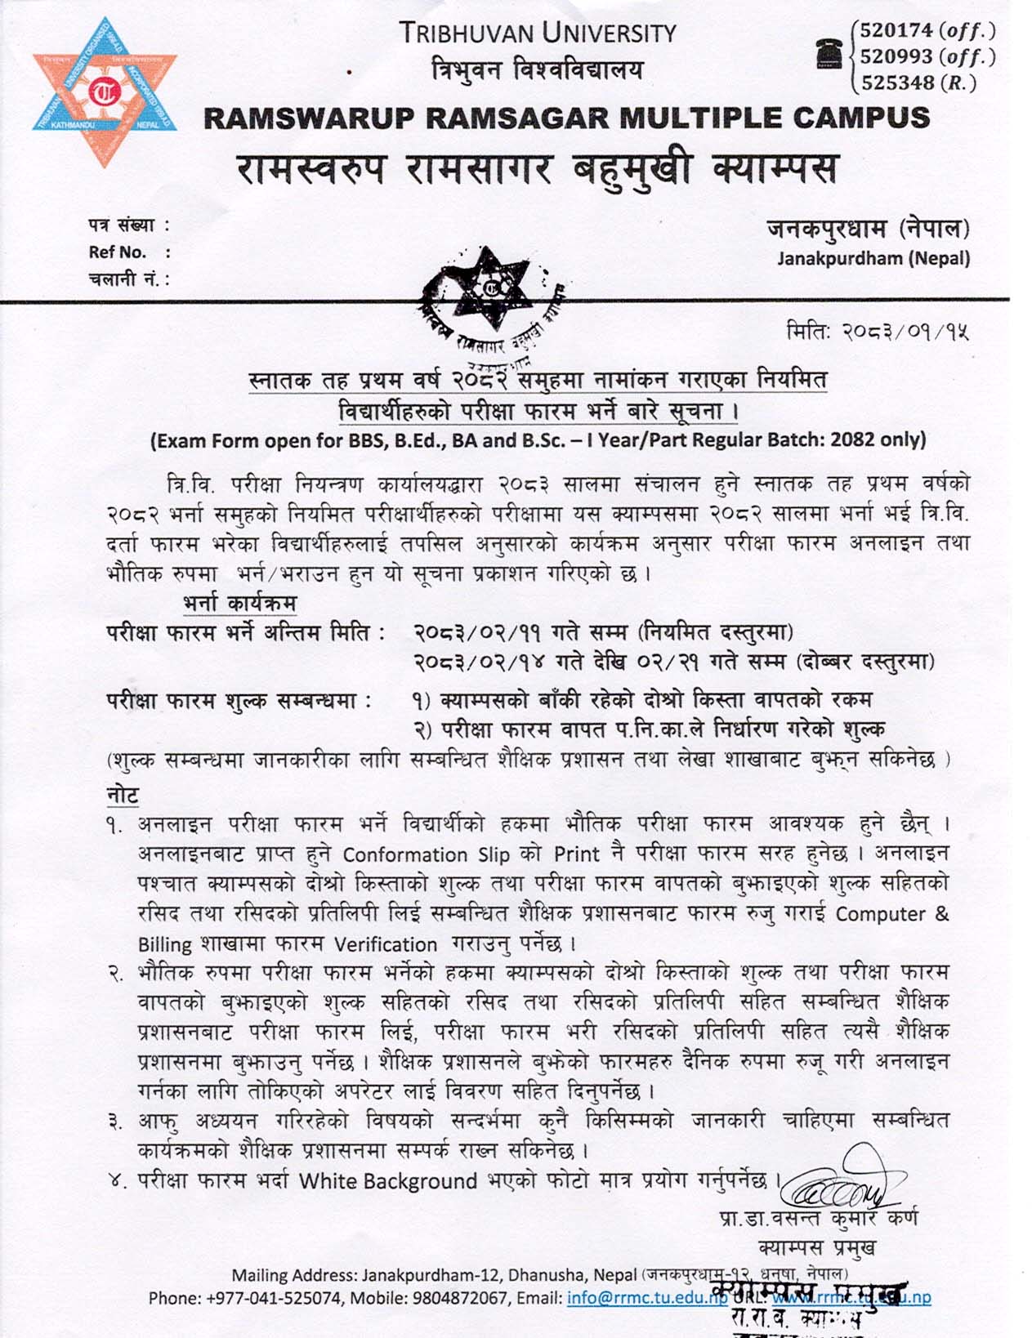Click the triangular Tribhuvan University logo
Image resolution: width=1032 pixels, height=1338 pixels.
coord(105,91)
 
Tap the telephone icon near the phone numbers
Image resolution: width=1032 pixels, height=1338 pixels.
coord(830,54)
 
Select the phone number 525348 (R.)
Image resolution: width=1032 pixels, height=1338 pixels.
coord(918,83)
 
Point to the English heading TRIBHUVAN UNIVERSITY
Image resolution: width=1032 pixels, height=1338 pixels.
coord(538,33)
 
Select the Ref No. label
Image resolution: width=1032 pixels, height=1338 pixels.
coord(118,252)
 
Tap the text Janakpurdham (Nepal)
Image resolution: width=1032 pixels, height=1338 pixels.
coord(873,259)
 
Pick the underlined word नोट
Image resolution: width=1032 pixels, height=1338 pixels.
coord(123,794)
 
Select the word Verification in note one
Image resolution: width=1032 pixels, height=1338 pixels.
coord(386,944)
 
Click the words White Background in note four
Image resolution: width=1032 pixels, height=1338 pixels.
coord(387,1181)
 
